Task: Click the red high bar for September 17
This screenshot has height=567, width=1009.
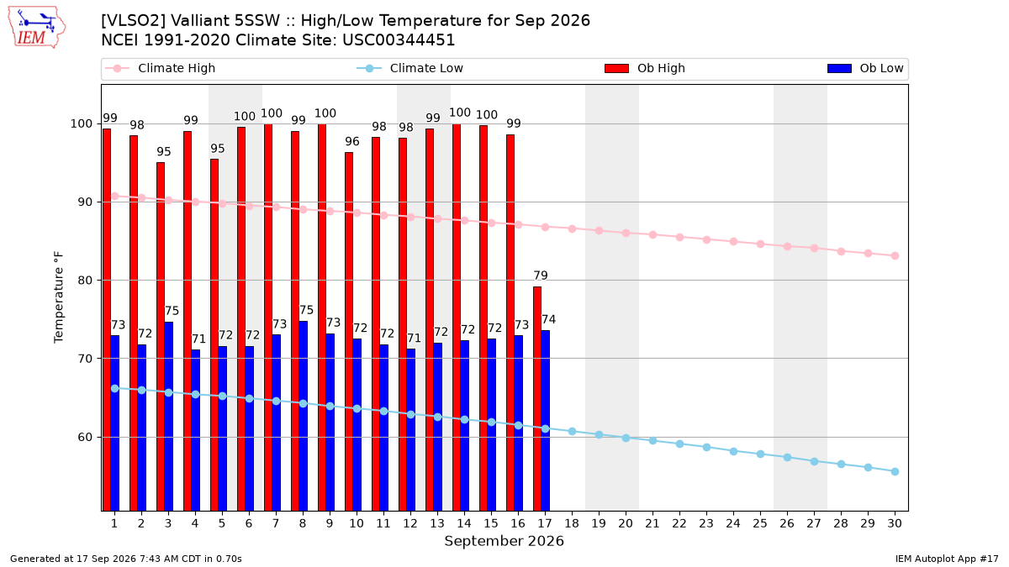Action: (x=537, y=399)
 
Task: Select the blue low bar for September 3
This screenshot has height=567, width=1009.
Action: (x=168, y=417)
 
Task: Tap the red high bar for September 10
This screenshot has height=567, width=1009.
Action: (x=349, y=332)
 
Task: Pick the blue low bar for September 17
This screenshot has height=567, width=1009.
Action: (x=546, y=421)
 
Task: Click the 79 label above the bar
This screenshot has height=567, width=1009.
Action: (x=541, y=276)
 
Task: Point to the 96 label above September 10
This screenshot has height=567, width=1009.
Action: (x=352, y=141)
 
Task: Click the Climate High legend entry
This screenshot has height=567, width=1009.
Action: (x=160, y=68)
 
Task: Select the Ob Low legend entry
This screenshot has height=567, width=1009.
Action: (x=865, y=68)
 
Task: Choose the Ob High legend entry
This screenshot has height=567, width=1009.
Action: (x=645, y=68)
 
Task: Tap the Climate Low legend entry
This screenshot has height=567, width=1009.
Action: (x=410, y=68)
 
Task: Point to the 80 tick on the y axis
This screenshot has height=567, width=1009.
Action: (x=85, y=281)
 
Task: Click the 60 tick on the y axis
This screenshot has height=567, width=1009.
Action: (x=85, y=437)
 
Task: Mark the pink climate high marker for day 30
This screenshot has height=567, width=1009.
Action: (x=895, y=255)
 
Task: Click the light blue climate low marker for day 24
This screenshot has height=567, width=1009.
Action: (x=733, y=451)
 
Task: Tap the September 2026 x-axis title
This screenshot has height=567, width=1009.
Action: (x=504, y=541)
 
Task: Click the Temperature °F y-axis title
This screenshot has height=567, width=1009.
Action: (x=59, y=297)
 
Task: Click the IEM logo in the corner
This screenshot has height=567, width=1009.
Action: (x=37, y=28)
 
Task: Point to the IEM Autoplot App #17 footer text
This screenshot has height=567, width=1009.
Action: (x=947, y=559)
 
